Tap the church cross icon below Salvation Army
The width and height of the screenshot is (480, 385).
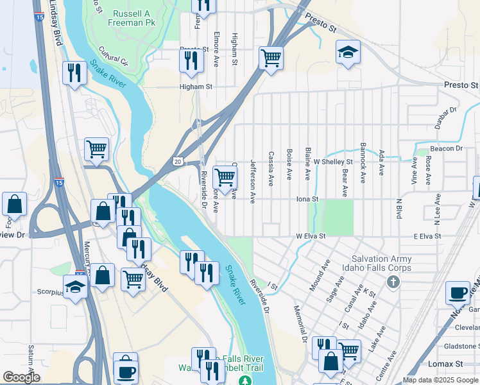(x=393, y=282)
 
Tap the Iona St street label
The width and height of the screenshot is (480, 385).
(x=307, y=199)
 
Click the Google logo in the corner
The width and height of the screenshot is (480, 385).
(x=21, y=377)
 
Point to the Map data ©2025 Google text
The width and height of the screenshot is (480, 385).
(x=440, y=380)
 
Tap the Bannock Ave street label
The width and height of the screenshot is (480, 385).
(x=363, y=163)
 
